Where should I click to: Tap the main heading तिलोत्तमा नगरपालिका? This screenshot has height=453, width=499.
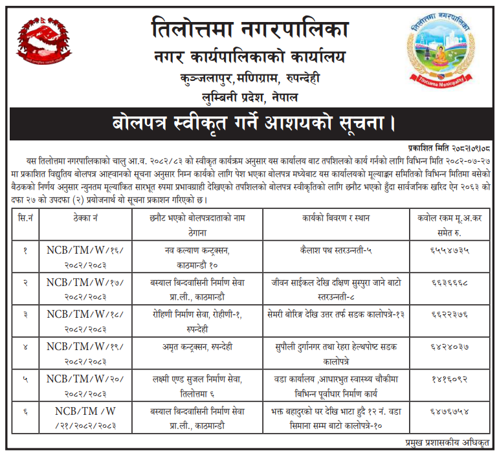click(249, 29)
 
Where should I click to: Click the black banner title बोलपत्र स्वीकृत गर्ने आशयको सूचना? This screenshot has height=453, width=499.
click(249, 122)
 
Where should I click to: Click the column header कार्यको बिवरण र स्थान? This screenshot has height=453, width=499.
click(335, 218)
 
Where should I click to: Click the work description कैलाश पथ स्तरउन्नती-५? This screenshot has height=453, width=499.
click(335, 249)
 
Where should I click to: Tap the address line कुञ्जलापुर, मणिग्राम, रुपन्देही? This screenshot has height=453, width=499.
click(249, 79)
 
